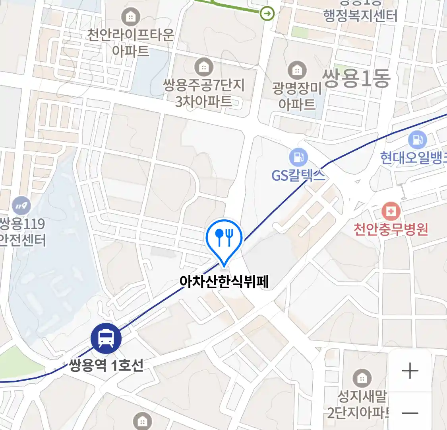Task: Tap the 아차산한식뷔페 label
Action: click(x=224, y=282)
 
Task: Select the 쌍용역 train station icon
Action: click(x=106, y=338)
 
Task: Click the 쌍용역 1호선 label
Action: click(x=106, y=365)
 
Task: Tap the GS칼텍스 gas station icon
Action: click(x=298, y=157)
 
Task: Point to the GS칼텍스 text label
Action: click(x=298, y=175)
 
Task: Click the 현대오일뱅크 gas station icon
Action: click(x=417, y=140)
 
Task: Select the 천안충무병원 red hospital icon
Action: click(x=391, y=211)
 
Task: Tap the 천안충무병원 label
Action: click(x=391, y=229)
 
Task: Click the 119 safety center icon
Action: click(x=21, y=206)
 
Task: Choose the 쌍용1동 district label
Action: click(x=356, y=78)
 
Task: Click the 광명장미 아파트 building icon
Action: click(x=297, y=70)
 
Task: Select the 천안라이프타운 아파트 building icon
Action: click(x=130, y=17)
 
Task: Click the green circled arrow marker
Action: click(x=267, y=14)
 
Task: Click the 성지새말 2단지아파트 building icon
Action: click(x=362, y=378)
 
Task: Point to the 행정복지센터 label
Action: click(x=360, y=16)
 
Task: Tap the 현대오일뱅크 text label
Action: click(x=413, y=158)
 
